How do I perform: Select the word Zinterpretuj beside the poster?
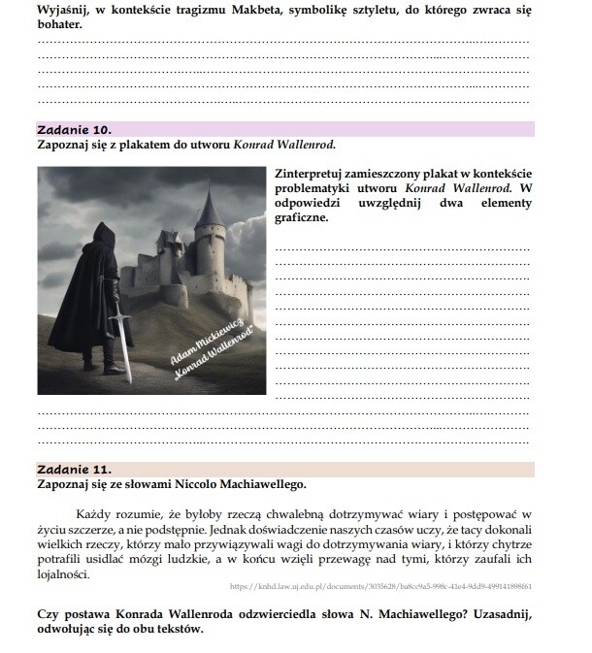317,173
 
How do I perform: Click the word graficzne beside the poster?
302,217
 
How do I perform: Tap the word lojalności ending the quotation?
61,573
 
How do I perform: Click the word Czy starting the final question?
48,614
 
